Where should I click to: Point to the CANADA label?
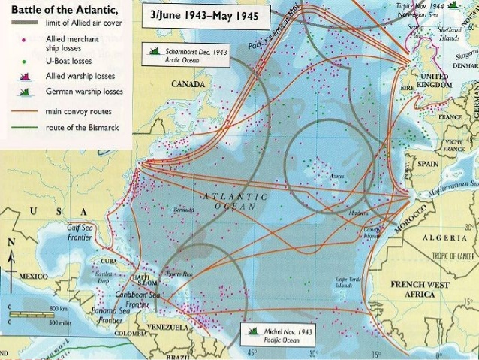point(188,84)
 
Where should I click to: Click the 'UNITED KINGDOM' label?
point(433,81)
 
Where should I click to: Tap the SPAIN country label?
point(427,164)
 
